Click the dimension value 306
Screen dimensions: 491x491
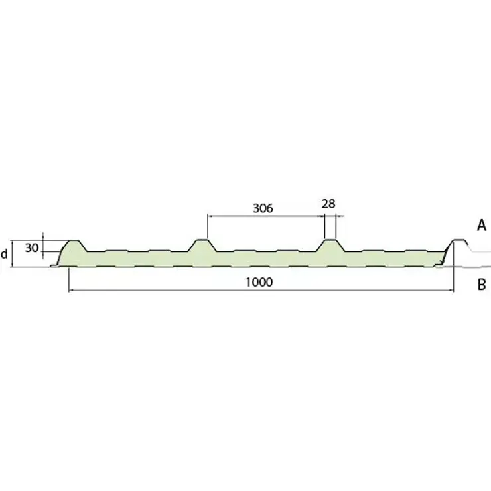(263, 208)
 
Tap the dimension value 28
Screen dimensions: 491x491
(328, 204)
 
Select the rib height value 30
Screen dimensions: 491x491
(32, 248)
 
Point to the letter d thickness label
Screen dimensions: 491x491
(4, 254)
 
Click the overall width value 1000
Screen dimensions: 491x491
(259, 282)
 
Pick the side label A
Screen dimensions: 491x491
(482, 225)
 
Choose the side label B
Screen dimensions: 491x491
(482, 285)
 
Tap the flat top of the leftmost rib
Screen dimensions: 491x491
(74, 240)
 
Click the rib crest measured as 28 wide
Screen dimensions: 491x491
(330, 240)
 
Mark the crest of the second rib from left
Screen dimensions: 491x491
(202, 240)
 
